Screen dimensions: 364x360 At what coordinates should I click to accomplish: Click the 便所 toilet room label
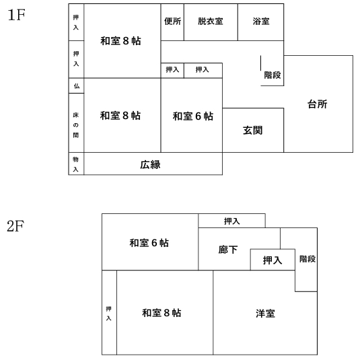[x=172, y=22]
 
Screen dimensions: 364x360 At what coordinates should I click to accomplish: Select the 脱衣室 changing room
[x=211, y=22]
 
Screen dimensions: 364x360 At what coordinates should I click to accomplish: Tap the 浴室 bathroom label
[x=261, y=22]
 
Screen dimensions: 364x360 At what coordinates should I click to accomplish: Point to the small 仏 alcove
[x=77, y=85]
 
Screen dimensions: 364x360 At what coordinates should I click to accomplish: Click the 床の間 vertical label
[x=76, y=125]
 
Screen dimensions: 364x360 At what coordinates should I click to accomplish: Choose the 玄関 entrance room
[x=253, y=131]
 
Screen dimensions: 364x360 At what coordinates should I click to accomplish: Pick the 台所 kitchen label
[x=318, y=104]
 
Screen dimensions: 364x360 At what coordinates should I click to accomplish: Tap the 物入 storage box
[x=76, y=164]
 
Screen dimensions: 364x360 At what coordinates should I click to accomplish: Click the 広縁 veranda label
[x=150, y=165]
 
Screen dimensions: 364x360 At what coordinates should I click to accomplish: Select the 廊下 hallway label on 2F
[x=228, y=250]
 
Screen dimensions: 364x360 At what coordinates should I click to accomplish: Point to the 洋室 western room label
[x=265, y=314]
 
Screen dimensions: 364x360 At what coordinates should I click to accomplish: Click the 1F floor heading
[x=16, y=15]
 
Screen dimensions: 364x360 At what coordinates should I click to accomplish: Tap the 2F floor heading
[x=15, y=226]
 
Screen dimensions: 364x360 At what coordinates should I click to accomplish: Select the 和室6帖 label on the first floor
[x=193, y=116]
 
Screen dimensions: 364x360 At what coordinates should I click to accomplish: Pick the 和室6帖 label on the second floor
[x=149, y=243]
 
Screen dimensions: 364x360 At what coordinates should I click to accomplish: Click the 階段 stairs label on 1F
[x=272, y=75]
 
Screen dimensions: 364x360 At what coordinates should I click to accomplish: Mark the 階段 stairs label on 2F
[x=307, y=259]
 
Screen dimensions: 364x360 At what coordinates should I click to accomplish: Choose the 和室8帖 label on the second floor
[x=161, y=313]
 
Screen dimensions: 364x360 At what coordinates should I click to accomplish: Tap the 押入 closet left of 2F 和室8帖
[x=110, y=312]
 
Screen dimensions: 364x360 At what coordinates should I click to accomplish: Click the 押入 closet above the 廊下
[x=231, y=221]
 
